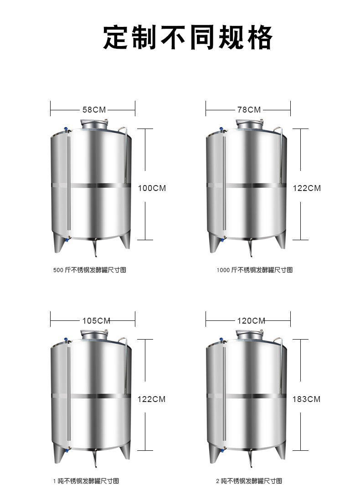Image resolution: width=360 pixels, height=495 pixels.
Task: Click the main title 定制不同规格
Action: (x=188, y=37)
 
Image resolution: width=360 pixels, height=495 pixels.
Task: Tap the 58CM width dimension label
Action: (x=94, y=110)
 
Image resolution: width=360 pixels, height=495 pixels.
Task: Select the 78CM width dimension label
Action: (x=249, y=110)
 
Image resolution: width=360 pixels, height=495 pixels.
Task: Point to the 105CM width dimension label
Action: (x=96, y=321)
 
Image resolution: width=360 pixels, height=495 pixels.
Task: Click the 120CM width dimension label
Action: (x=251, y=321)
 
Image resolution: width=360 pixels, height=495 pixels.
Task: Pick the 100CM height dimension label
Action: (x=152, y=188)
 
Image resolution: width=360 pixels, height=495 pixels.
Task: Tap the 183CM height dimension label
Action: (x=306, y=399)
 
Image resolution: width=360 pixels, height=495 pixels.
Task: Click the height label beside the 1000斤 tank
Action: (x=307, y=188)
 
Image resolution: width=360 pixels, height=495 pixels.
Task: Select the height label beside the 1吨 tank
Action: (x=151, y=399)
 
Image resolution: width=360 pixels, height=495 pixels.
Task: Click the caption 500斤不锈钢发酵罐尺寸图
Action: (x=90, y=270)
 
